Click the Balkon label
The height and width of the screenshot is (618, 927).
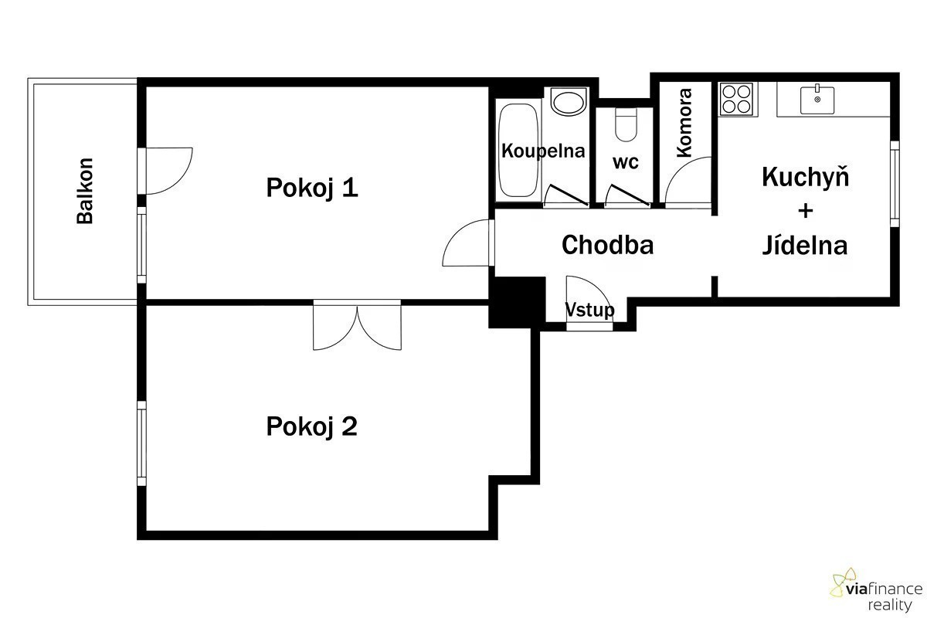click(x=85, y=192)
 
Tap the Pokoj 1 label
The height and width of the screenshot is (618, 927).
click(x=312, y=188)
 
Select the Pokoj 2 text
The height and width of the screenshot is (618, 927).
click(x=311, y=426)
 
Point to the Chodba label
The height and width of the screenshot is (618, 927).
click(x=607, y=245)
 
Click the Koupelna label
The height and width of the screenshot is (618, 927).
click(x=543, y=151)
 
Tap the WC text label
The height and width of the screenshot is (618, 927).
click(x=625, y=162)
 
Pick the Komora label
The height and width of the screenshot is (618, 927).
click(x=684, y=123)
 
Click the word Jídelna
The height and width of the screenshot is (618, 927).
click(x=805, y=246)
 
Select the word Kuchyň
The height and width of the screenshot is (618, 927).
click(x=805, y=177)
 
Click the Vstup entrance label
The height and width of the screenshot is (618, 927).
click(x=589, y=310)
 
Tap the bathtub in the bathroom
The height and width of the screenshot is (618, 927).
click(x=518, y=150)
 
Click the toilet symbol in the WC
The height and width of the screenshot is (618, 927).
click(x=626, y=124)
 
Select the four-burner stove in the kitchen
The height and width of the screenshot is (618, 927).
click(x=736, y=99)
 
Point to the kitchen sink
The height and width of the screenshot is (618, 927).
click(x=817, y=100)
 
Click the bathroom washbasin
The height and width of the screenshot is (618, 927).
click(x=569, y=102)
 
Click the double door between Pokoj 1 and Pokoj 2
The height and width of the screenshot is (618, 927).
click(x=357, y=325)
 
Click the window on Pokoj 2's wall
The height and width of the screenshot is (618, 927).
click(x=141, y=443)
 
